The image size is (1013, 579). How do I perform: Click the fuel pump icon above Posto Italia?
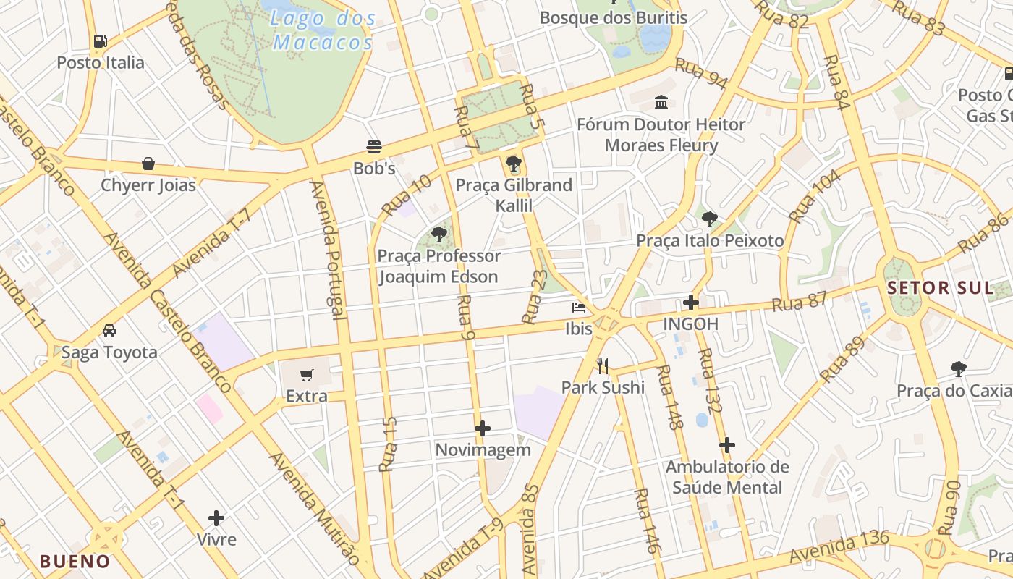coord(101,41)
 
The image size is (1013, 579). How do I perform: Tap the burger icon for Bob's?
coord(374,148)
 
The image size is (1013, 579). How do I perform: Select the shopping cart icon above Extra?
coord(307,375)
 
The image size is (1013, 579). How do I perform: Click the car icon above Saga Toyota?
coord(109,331)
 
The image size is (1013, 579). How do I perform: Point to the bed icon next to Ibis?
coord(579,308)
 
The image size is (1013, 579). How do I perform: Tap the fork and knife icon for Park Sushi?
coord(603,366)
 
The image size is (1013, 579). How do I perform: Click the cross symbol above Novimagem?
coord(483,428)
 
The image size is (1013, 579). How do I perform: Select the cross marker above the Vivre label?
coord(216,518)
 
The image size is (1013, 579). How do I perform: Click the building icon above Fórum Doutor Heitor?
coord(661,103)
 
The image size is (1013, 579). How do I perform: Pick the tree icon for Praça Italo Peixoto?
coord(710,219)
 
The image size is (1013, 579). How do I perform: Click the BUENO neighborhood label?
coord(75,561)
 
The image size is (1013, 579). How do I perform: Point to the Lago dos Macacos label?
coord(323,30)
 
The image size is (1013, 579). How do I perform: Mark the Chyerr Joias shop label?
coord(148,185)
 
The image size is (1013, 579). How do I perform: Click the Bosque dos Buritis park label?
coord(614,17)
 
